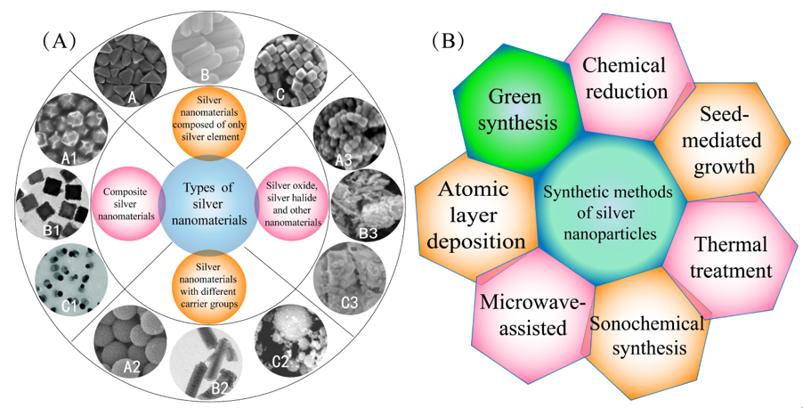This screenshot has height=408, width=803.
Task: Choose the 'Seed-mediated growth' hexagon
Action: (726, 140)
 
